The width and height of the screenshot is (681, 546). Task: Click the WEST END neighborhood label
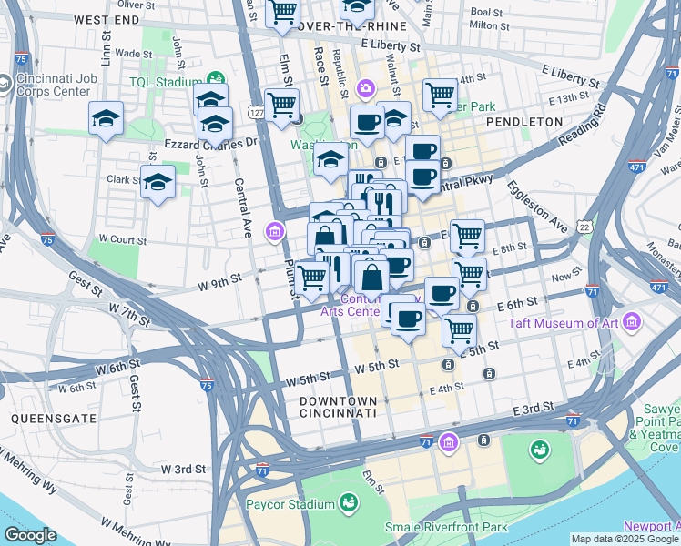107,19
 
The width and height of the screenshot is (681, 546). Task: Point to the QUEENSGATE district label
45,418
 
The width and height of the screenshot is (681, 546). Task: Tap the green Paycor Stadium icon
348,502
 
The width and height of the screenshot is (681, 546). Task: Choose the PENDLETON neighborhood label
524,121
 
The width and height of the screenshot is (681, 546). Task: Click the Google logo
31,535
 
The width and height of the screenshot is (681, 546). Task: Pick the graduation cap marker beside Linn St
106,117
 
